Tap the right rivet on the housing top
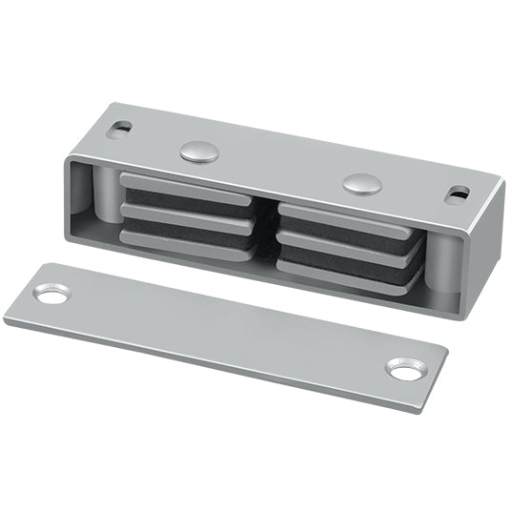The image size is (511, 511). tap(361, 182)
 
